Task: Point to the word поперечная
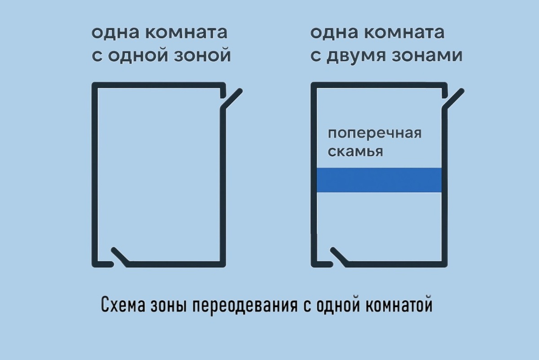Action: click(x=375, y=134)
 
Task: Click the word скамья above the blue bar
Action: click(x=355, y=152)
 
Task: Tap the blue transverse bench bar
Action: click(x=379, y=180)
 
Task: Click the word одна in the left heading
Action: click(x=110, y=33)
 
